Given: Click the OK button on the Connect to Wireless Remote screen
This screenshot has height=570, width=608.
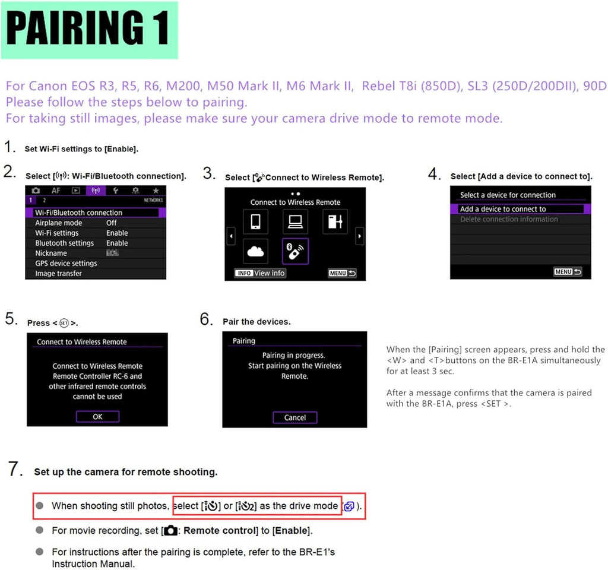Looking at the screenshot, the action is (97, 416).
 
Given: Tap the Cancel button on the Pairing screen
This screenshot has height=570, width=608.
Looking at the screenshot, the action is (295, 417).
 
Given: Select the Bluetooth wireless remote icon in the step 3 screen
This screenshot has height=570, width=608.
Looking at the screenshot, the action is (295, 251).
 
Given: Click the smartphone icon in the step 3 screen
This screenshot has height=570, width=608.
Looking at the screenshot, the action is (255, 221).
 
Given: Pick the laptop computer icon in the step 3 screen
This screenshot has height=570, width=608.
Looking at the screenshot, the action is (296, 221).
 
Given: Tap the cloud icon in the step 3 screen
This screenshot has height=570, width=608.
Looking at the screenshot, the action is (255, 251).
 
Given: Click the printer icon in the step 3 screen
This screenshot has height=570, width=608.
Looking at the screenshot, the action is (335, 221).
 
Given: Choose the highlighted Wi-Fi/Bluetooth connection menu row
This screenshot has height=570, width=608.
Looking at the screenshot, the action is (96, 213).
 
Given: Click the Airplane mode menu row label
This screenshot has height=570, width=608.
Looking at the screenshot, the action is (59, 223).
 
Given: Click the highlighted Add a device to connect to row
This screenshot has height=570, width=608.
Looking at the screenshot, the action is (520, 209).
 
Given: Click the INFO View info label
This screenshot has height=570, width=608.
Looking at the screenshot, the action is (260, 273).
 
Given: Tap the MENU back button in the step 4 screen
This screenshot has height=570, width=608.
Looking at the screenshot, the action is (568, 272).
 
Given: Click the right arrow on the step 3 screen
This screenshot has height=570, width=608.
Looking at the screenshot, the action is (360, 236).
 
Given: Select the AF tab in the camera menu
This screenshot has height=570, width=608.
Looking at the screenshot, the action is (56, 191).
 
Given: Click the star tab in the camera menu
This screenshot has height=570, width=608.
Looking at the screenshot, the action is (156, 191).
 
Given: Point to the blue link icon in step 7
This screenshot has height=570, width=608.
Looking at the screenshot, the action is (349, 506).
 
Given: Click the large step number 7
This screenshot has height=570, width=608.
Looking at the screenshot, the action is (14, 469).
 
